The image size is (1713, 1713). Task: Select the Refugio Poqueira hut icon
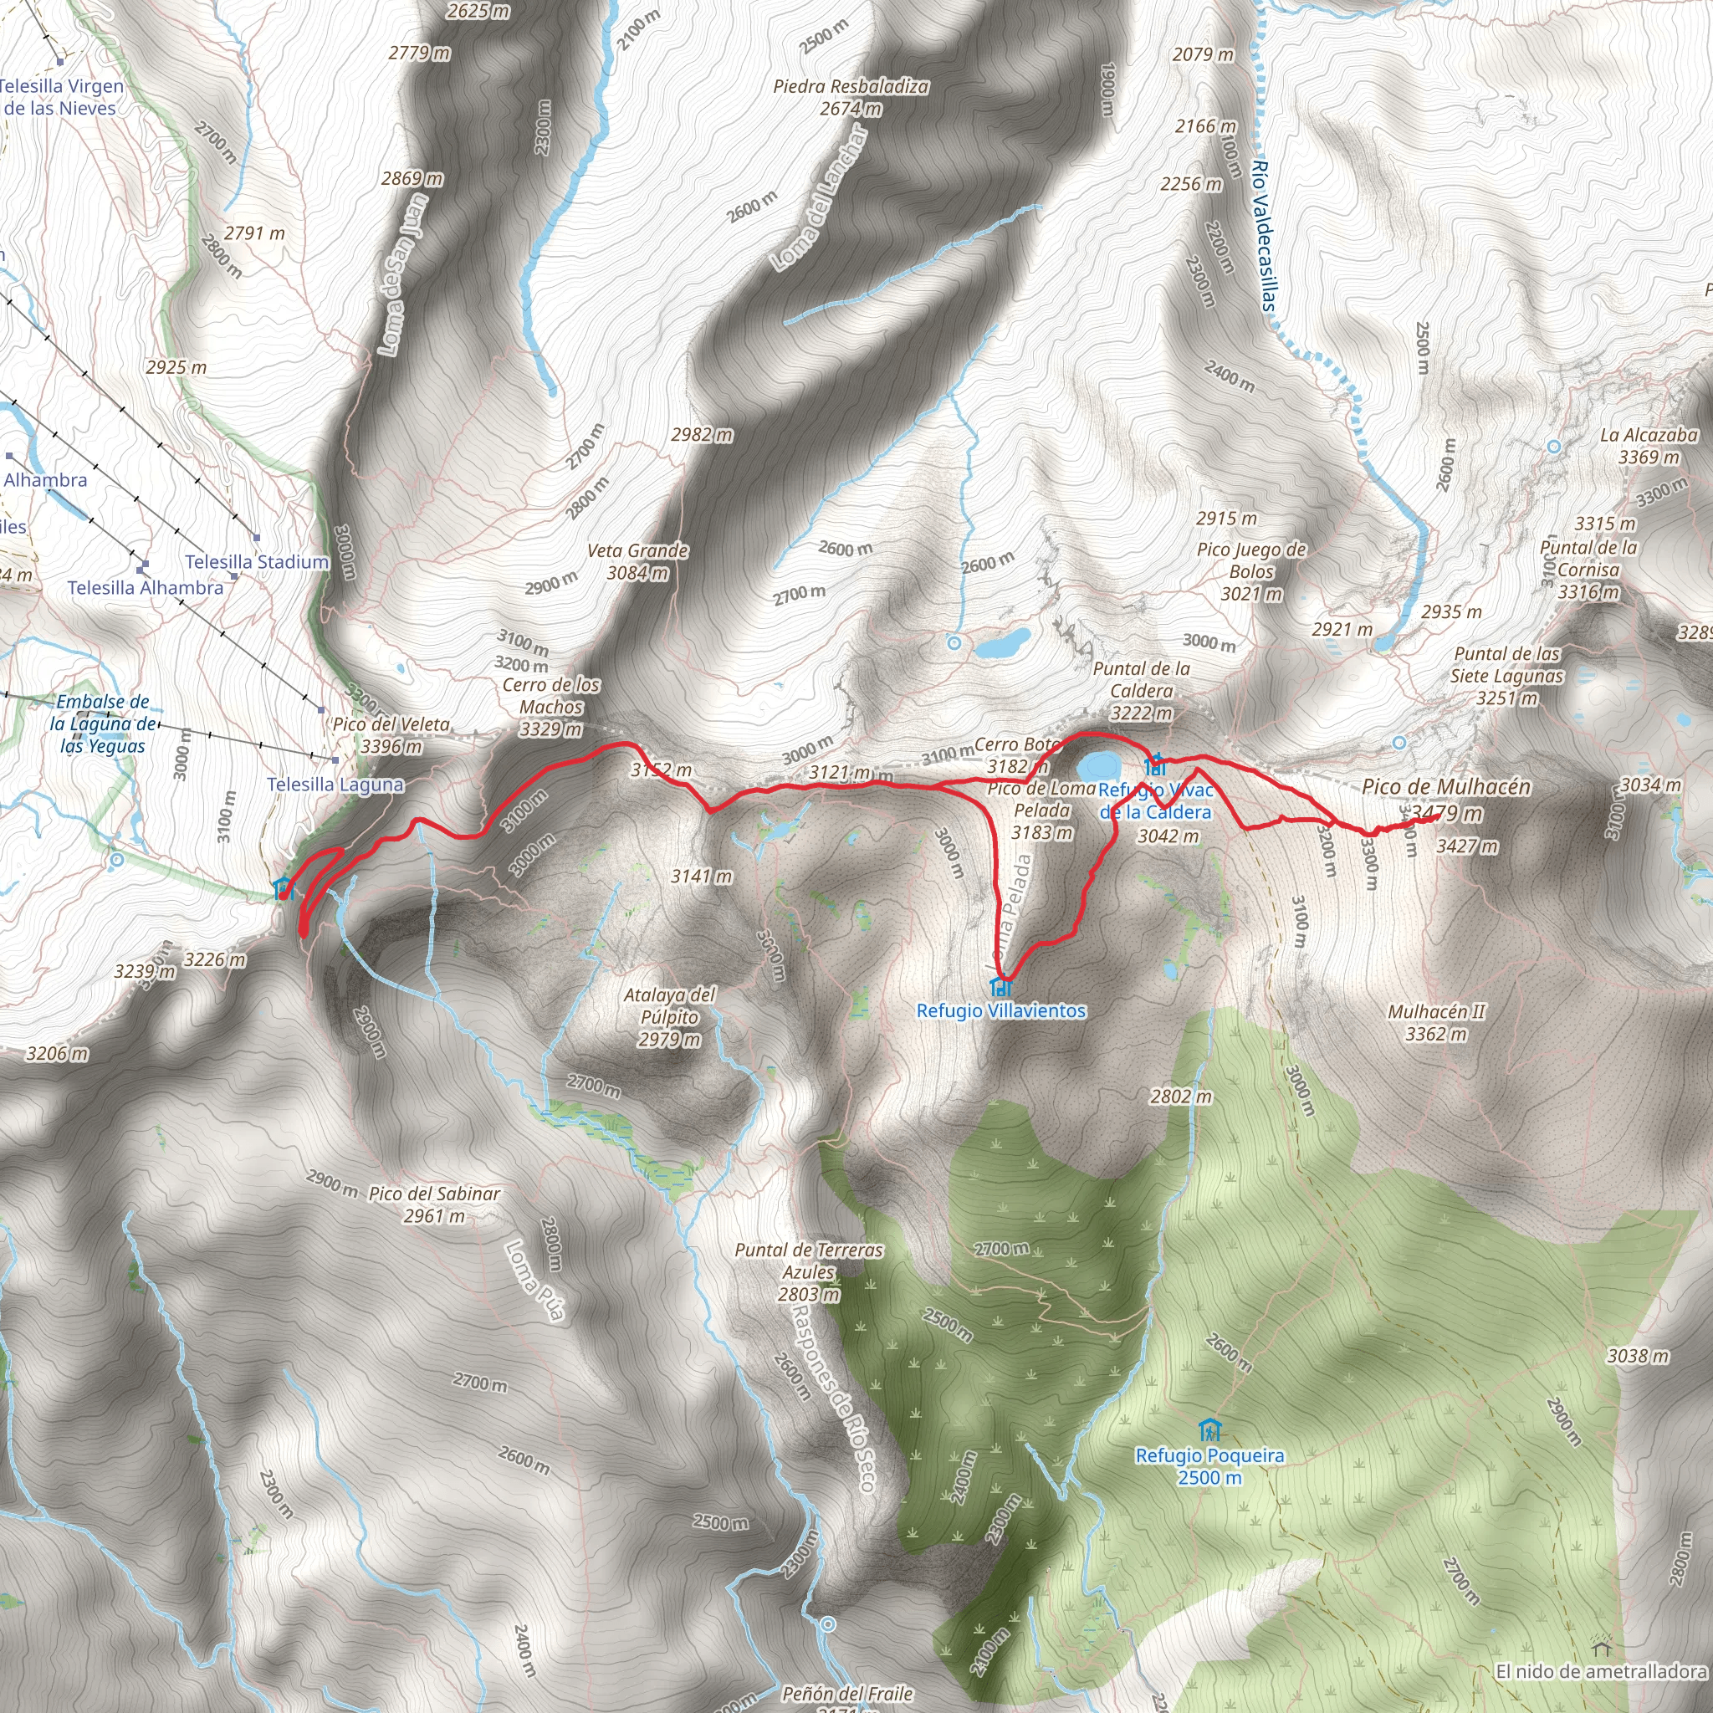pos(1209,1430)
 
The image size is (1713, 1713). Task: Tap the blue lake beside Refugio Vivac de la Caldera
pos(1097,765)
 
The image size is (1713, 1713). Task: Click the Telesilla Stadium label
pos(257,561)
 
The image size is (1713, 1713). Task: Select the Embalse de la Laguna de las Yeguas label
pos(103,724)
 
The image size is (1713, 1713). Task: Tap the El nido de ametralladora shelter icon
pos(1599,1649)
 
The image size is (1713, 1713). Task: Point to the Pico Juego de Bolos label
pos(1251,560)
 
